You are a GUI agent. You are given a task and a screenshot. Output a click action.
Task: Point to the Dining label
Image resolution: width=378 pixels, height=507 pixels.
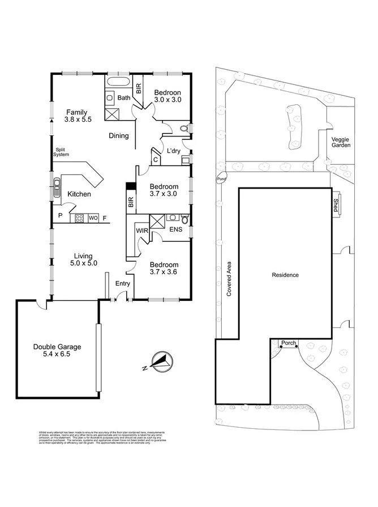pos(119,136)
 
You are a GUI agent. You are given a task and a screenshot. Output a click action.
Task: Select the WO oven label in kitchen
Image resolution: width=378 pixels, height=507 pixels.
pos(93,218)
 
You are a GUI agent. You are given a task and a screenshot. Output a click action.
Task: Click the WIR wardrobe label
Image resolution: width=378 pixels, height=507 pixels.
pos(141,231)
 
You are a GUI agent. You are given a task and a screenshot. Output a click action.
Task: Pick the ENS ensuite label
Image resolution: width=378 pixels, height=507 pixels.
pos(176,229)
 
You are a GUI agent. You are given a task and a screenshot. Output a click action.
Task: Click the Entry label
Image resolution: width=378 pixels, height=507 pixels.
pos(123,283)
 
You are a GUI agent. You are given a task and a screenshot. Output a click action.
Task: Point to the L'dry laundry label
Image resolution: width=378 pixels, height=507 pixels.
pos(174,151)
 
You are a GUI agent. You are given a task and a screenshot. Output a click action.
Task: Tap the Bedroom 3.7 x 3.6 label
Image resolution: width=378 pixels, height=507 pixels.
pos(164,269)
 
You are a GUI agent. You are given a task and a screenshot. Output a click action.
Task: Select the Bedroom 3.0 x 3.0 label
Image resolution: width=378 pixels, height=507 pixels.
pos(167,97)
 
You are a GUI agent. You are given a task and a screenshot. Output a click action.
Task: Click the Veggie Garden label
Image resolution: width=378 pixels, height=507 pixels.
pos(341,142)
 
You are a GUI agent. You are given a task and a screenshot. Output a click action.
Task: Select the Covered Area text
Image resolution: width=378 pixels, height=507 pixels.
pos(229,279)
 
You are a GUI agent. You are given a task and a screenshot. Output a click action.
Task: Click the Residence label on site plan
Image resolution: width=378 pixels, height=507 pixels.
pos(285,275)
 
